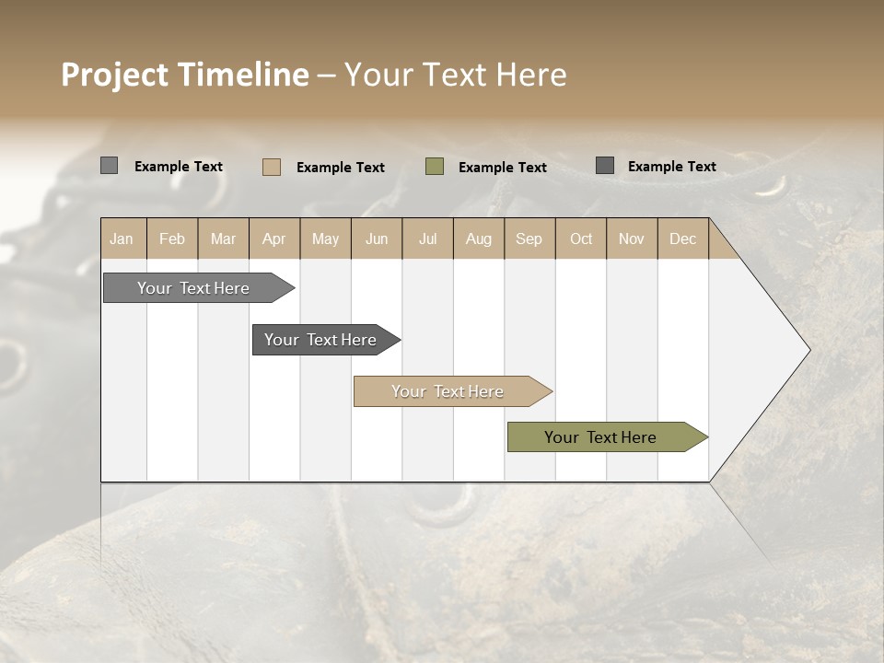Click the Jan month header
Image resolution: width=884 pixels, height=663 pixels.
pos(122,238)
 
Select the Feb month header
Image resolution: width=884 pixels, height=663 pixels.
pos(172,238)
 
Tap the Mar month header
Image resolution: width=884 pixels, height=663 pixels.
pos(223,238)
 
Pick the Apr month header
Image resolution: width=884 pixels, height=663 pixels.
pos(274,238)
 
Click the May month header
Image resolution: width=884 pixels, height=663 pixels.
pos(325,238)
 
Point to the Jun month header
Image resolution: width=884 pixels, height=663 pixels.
pos(377,238)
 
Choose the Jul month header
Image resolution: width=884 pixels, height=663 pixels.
pos(427,238)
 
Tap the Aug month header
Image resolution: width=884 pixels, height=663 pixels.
pos(479,238)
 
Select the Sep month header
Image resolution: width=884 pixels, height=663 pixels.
pos(529,238)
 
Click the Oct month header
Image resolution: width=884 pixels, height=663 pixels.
pos(581,238)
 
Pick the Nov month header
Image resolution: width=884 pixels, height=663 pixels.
pos(632,238)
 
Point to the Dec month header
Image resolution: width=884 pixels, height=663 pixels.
pos(683,238)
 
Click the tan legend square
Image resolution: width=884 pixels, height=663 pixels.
pos(272,167)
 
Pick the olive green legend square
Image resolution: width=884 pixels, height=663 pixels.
pos(435,167)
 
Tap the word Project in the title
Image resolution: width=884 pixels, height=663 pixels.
pos(114,75)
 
